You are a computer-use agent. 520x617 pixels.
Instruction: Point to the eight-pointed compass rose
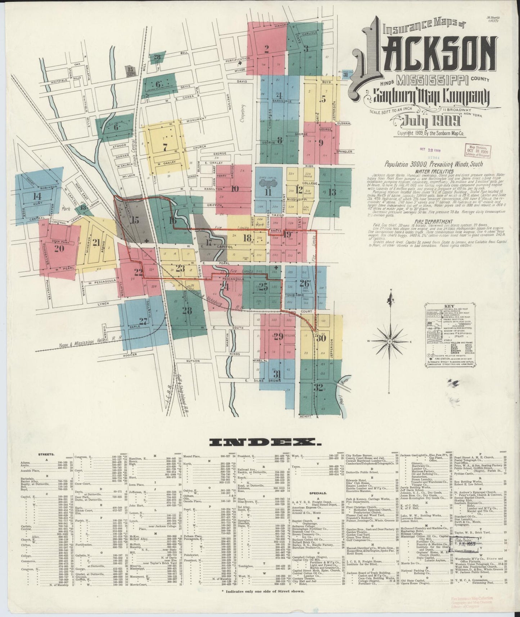(x=390, y=341)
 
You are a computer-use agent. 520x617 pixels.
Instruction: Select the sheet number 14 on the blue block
(x=37, y=197)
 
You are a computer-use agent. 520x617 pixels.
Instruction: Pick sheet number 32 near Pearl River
(x=318, y=388)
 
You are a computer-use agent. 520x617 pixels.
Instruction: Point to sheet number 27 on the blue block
(x=143, y=321)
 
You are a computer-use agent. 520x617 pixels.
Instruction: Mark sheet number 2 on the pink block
(x=267, y=49)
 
